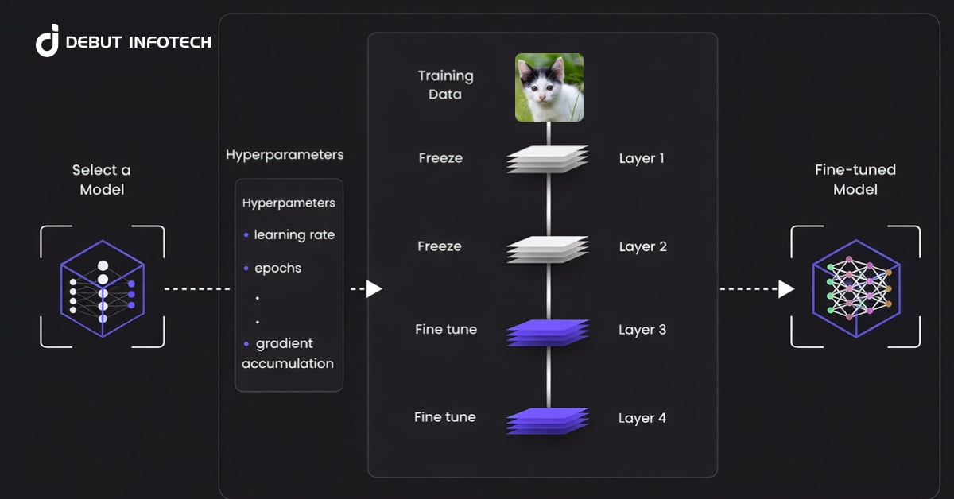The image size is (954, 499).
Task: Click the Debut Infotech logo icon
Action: click(x=48, y=41)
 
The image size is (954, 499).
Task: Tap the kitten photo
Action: click(x=549, y=87)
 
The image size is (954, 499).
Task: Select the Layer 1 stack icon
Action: click(x=548, y=159)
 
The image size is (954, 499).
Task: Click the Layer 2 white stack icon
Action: click(x=548, y=249)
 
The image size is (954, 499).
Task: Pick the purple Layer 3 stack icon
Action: click(x=548, y=332)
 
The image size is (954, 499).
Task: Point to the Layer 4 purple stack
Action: click(x=548, y=420)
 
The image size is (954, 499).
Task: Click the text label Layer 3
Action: click(x=642, y=330)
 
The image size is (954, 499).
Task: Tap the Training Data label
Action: click(x=445, y=85)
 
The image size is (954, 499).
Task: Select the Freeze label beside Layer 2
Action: click(x=440, y=246)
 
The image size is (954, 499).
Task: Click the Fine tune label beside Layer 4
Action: click(x=444, y=417)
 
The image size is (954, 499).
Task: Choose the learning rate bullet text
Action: click(x=294, y=235)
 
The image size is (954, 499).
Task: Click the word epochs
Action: click(x=277, y=269)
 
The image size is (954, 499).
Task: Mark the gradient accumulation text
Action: click(x=288, y=354)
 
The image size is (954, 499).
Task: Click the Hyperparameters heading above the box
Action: click(x=285, y=154)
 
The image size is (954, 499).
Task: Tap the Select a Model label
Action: click(x=102, y=180)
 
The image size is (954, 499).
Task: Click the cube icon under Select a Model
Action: click(x=102, y=288)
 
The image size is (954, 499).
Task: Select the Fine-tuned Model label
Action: click(x=855, y=180)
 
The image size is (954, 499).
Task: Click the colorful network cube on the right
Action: click(x=855, y=288)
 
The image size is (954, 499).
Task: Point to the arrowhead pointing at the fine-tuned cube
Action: click(x=786, y=289)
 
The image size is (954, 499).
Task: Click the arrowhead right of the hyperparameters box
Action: click(x=374, y=289)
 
